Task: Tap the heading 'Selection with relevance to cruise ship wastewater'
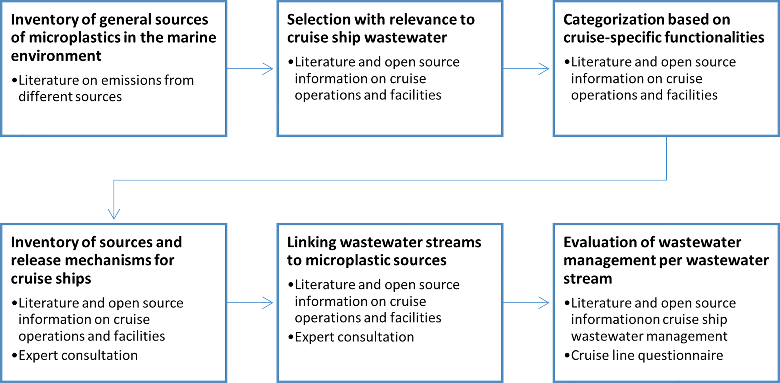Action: (x=380, y=28)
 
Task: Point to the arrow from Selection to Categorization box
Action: (x=526, y=69)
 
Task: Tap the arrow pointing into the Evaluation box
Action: (x=526, y=303)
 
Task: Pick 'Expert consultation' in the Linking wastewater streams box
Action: (x=354, y=337)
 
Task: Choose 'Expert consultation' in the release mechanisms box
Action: (x=78, y=355)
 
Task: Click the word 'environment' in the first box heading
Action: (x=56, y=56)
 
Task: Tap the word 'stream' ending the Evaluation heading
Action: (x=587, y=279)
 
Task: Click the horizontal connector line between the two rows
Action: (x=390, y=180)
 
